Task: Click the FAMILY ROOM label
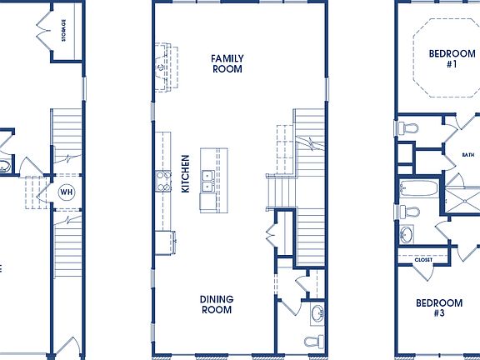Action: [227, 63]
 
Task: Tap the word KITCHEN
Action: [185, 173]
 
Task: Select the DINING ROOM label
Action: [217, 304]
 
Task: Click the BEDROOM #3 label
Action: [438, 308]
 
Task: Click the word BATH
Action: [467, 155]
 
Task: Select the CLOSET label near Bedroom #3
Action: [423, 261]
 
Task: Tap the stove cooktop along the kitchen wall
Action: [162, 181]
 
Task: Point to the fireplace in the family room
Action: [159, 67]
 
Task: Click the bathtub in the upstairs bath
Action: [417, 189]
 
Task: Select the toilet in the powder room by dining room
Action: [312, 342]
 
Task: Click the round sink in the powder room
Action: [317, 314]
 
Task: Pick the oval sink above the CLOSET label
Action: [408, 234]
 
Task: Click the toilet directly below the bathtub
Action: [406, 212]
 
